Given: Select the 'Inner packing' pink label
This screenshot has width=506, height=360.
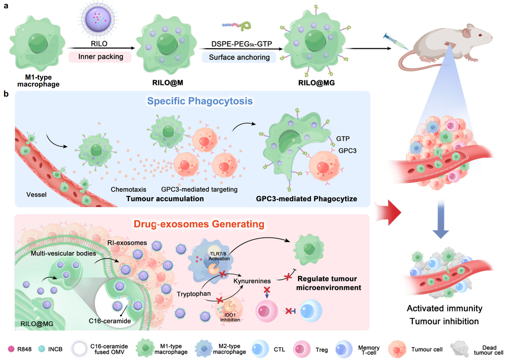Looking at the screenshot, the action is pos(100,57).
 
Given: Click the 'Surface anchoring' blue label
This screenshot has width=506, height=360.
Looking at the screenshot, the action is pos(239,57).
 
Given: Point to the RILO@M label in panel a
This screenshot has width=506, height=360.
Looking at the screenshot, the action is pos(168,83).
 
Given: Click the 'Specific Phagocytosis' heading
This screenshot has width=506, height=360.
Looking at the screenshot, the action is pos(200,101).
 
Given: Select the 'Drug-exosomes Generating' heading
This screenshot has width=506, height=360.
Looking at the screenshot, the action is pos(199,224).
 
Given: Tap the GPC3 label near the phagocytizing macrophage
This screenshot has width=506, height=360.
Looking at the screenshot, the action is pos(347,150).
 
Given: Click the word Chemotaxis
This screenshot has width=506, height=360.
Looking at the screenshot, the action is pos(128,189).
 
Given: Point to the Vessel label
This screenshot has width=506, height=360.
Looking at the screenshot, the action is pos(37,195).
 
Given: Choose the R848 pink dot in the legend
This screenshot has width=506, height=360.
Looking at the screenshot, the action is pos(11,349).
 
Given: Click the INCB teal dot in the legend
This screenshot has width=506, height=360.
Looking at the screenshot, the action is pos(42,349).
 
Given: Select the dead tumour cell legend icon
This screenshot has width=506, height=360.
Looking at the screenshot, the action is pos(459,349).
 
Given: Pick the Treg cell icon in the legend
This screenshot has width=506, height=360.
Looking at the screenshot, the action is pos(302,349).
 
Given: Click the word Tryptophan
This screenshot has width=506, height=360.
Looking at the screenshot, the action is pos(194,294).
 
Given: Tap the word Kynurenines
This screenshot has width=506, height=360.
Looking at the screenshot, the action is pos(252,281).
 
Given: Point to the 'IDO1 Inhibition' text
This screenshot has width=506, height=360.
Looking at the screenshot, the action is pos(230,317).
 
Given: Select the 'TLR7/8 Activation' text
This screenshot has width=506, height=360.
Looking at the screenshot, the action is pos(219,256).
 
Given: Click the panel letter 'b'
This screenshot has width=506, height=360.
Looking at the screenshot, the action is pos(6,94).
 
